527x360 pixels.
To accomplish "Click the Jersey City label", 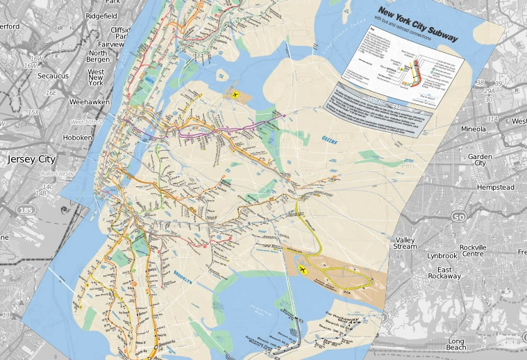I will pos(31,159).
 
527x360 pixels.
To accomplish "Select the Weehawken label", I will pos(87,101).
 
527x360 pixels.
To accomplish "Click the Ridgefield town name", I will pos(101,15).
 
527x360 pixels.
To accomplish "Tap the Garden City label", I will pos(480,161).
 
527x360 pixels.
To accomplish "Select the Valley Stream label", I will pos(405,243).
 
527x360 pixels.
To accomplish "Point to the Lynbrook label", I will pos(442,256).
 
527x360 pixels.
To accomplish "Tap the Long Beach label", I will pos(456,345).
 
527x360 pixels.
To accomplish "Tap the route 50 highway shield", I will pos(458,217).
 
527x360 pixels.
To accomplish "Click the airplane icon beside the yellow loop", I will pos(303,270).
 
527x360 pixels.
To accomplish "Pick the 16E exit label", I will pos(51,92).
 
